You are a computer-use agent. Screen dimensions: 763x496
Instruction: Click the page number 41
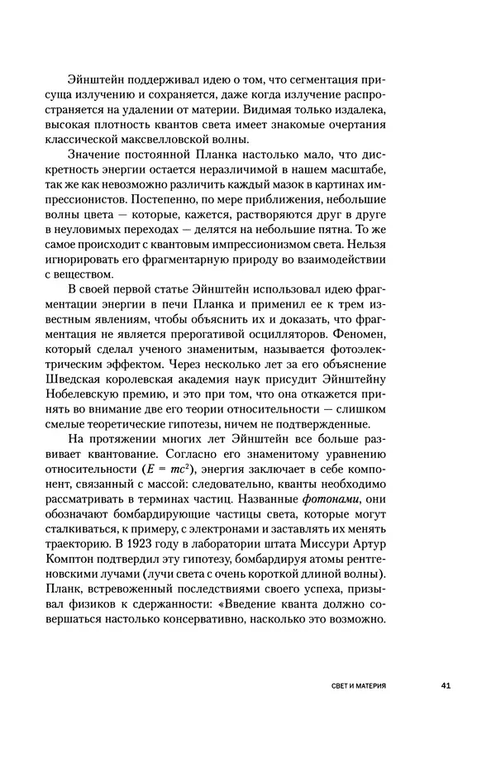coord(444,686)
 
